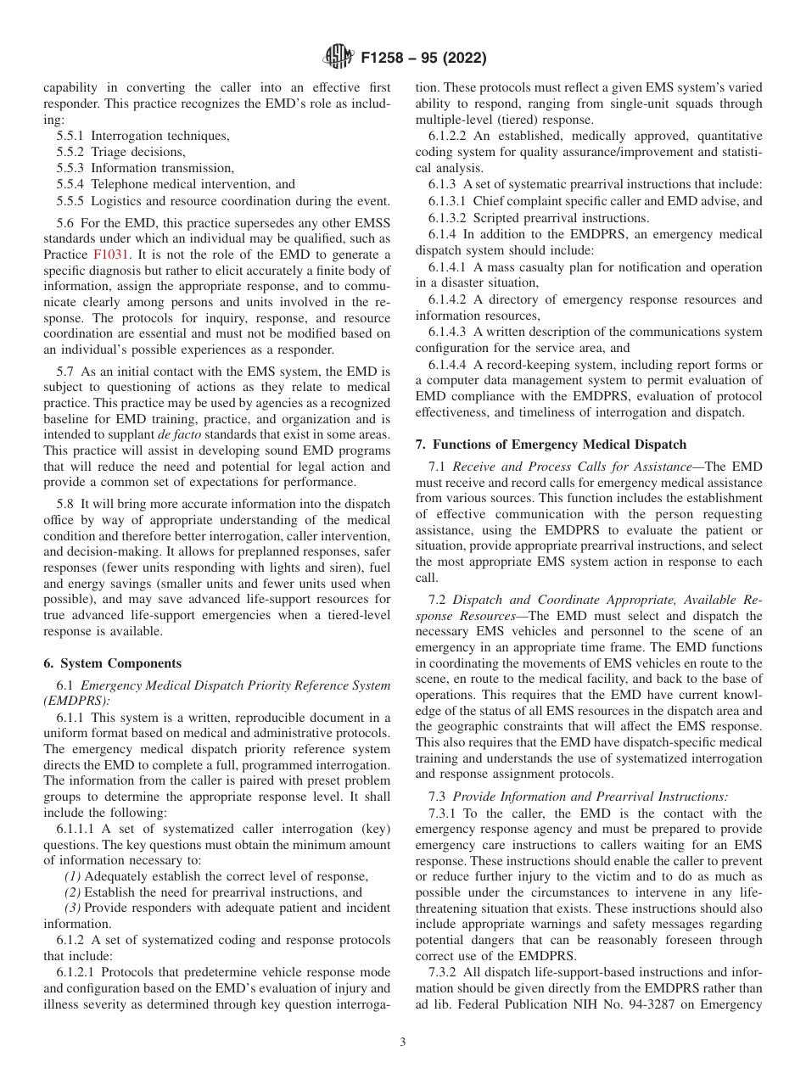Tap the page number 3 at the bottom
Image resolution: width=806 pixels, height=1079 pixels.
402,1043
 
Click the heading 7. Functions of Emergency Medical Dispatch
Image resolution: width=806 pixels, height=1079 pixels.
551,444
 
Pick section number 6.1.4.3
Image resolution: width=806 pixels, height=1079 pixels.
448,332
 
